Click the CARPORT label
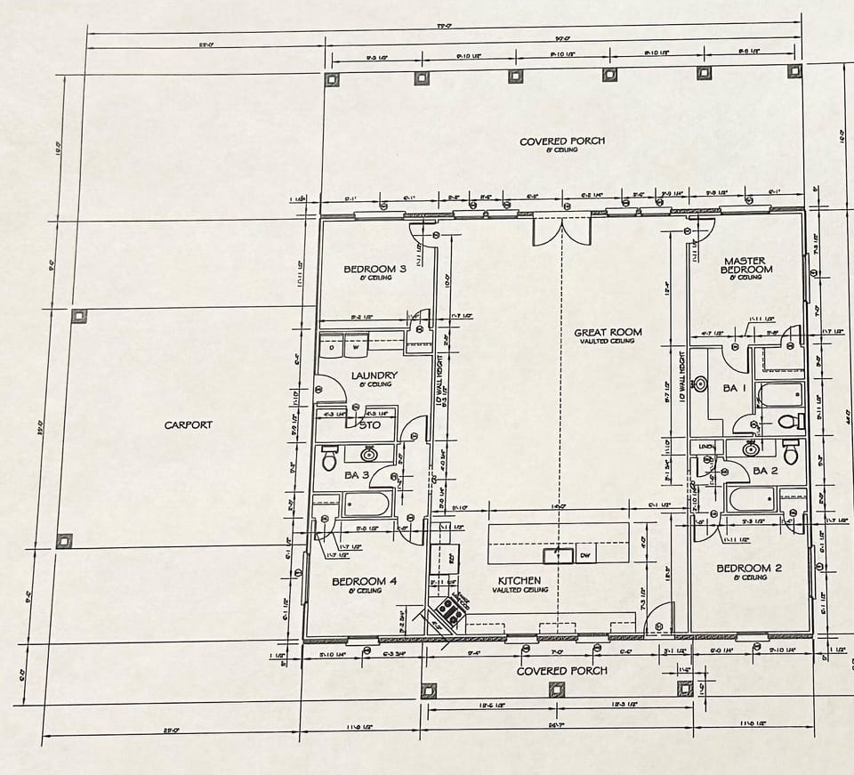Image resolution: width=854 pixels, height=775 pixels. (188, 425)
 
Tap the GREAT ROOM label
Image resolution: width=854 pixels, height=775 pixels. (608, 333)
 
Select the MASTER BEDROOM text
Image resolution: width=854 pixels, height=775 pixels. (746, 265)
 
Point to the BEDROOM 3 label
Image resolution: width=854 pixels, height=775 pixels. (375, 269)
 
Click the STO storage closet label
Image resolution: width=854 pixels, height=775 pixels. (369, 425)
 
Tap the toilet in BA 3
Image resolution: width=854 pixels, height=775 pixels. (328, 459)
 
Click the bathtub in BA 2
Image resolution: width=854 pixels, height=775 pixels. (753, 498)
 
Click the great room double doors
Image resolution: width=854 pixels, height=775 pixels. (561, 230)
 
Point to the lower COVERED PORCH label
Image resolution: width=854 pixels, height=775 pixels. (562, 671)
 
